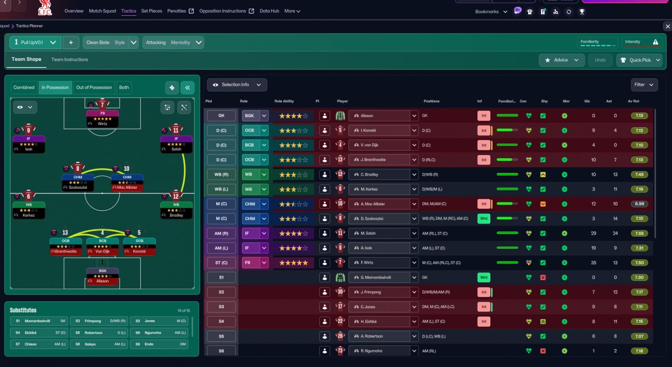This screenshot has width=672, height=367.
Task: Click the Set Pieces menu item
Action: point(151,11)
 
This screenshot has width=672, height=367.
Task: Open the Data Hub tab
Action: point(269,11)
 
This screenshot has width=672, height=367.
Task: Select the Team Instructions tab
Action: point(69,59)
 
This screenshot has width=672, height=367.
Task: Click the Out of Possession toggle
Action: point(94,87)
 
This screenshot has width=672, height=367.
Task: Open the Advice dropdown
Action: point(562,60)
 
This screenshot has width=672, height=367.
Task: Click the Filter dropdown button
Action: point(644,85)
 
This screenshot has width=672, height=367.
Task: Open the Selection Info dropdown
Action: point(237,85)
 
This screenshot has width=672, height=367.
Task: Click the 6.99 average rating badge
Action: point(639,204)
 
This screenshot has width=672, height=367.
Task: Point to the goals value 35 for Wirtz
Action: point(593,263)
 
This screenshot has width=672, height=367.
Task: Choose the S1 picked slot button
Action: point(221,278)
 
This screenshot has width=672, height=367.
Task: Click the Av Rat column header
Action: point(633,101)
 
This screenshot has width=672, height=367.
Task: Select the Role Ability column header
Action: point(284,101)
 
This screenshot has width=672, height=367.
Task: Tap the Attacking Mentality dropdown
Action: point(173,43)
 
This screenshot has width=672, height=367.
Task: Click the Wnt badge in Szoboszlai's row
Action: point(484,219)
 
